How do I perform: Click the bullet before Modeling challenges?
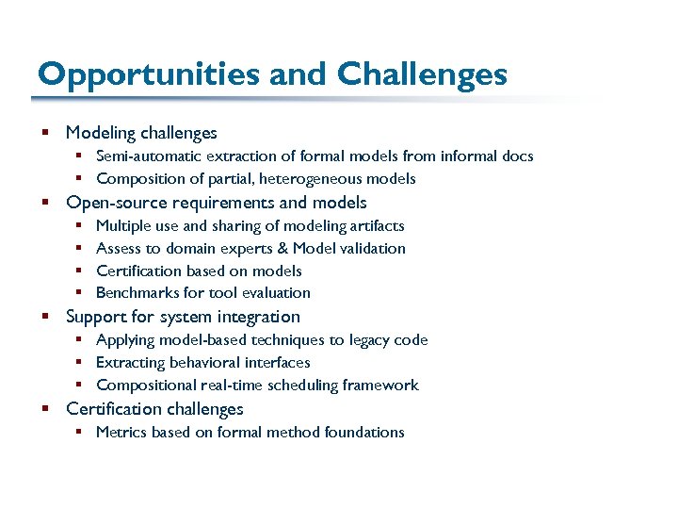[45, 134]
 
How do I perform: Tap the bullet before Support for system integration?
[45, 318]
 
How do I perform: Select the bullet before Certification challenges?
[45, 409]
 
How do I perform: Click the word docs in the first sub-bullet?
[517, 156]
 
